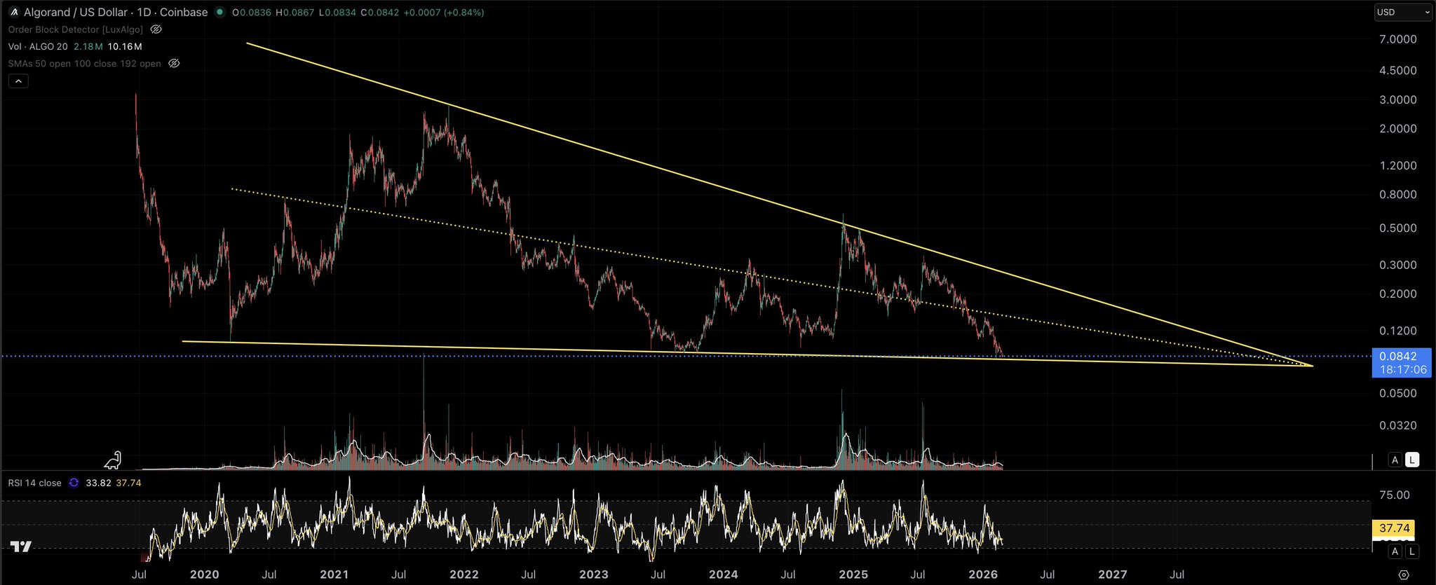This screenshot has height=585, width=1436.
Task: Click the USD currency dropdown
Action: [x=1402, y=12]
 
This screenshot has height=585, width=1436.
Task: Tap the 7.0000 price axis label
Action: [x=1397, y=39]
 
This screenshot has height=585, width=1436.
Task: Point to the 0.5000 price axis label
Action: [x=1397, y=228]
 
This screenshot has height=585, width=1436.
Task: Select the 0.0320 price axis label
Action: [x=1397, y=425]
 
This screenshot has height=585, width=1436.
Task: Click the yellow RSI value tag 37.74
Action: [x=1393, y=528]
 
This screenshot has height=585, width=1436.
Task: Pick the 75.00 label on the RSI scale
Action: [x=1394, y=495]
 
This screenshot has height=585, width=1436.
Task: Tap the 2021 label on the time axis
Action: [x=334, y=574]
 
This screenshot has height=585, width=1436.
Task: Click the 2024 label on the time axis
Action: [x=723, y=574]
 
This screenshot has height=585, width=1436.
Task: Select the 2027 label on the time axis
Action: [x=1112, y=574]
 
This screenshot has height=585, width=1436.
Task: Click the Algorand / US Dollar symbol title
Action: [x=76, y=12]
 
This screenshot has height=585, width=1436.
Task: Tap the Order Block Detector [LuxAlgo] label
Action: [x=76, y=29]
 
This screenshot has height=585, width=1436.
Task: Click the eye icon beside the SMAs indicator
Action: [x=174, y=64]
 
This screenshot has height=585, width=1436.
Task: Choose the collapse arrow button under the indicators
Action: [x=18, y=81]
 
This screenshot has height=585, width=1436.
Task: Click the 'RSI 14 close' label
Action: [x=35, y=483]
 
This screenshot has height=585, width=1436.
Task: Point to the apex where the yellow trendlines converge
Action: [x=1312, y=366]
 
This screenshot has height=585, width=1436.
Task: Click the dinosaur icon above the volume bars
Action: [x=114, y=460]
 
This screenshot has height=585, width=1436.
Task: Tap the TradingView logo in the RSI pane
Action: [x=21, y=546]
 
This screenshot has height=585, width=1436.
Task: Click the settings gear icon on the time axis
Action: [x=1403, y=574]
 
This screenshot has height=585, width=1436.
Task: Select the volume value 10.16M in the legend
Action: [x=125, y=46]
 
